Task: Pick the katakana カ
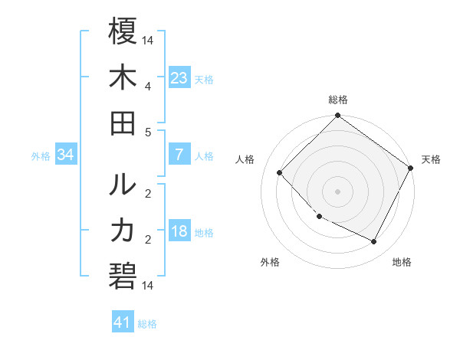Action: tap(123, 231)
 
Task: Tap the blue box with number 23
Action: tap(179, 78)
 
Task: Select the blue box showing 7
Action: tap(179, 155)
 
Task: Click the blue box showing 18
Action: tap(179, 232)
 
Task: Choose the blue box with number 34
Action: tap(65, 155)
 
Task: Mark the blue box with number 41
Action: tap(123, 322)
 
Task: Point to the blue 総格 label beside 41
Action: tap(147, 324)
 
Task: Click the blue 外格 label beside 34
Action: tap(41, 156)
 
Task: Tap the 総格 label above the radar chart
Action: tap(337, 100)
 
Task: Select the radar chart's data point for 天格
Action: tap(410, 168)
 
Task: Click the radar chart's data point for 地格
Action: tap(374, 241)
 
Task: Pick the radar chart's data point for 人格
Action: tap(280, 172)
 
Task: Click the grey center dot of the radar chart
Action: tap(337, 191)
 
